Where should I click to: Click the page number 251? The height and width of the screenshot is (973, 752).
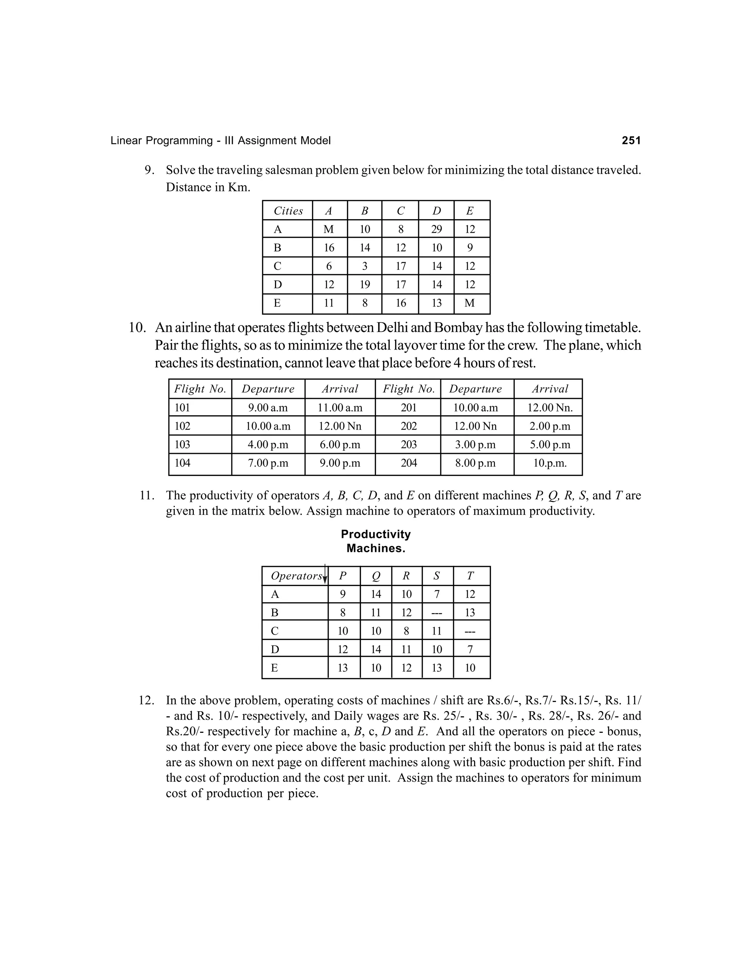tap(631, 141)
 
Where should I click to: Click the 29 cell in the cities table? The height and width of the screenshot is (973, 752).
tap(436, 229)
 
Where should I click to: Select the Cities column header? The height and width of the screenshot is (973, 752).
tap(288, 211)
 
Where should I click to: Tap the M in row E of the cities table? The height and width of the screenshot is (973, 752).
tap(470, 303)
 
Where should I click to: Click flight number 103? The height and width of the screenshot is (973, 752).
tap(182, 445)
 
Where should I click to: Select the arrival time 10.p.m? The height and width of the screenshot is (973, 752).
tap(550, 463)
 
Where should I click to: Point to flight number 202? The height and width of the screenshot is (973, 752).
tap(409, 426)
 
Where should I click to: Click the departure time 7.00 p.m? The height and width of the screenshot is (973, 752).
tap(268, 463)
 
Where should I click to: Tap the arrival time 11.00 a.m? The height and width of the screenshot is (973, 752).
tap(340, 408)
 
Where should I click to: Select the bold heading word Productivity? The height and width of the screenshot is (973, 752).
tap(376, 534)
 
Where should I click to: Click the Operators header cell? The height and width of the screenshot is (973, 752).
tap(296, 576)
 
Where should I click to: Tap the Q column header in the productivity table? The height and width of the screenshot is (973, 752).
tap(376, 576)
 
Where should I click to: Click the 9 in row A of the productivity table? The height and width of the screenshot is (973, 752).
tap(343, 594)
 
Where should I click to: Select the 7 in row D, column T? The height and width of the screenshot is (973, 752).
tap(470, 650)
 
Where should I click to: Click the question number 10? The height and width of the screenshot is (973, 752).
tap(137, 328)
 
